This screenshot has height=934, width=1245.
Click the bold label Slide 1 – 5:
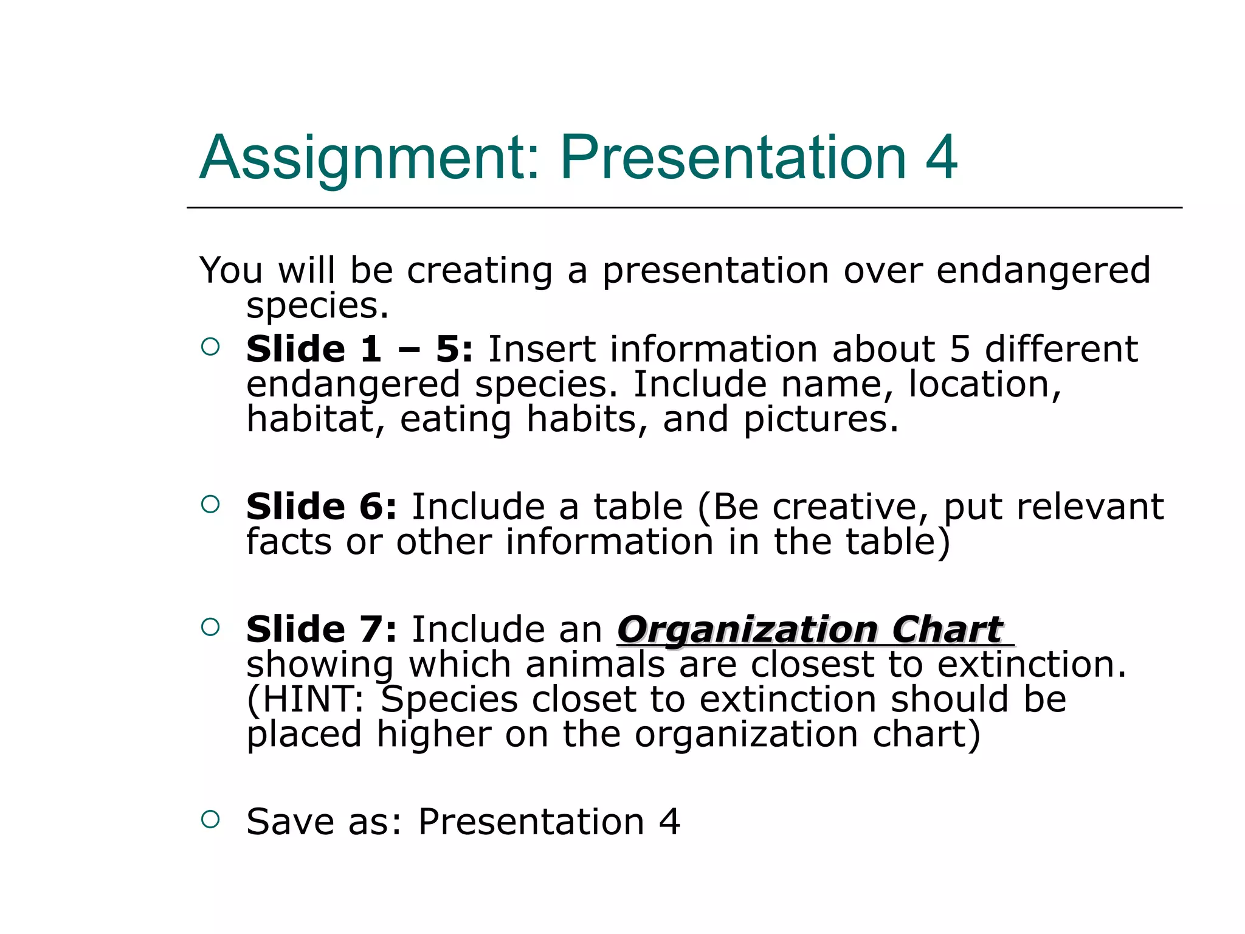click(359, 350)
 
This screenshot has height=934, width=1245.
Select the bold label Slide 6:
click(321, 507)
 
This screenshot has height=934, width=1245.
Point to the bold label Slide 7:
click(321, 629)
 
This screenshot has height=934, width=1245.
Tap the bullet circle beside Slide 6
click(210, 504)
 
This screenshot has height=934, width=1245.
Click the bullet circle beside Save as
click(210, 819)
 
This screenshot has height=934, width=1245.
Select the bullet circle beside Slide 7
click(210, 627)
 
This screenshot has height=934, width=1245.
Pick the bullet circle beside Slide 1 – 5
click(210, 347)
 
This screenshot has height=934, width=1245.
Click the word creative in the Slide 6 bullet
click(850, 507)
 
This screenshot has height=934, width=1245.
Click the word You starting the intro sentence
click(231, 271)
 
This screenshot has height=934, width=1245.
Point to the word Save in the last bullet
click(290, 822)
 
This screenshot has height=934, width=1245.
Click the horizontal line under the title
click(684, 208)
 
